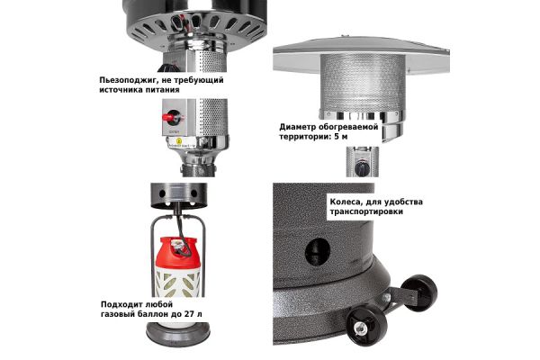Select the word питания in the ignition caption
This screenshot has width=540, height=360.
[164, 90]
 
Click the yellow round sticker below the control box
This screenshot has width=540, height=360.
[179, 141]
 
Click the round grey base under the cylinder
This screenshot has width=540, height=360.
[178, 334]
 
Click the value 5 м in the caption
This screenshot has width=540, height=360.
[341, 137]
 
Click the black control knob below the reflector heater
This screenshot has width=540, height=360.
[362, 168]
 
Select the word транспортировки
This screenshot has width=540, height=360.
[366, 211]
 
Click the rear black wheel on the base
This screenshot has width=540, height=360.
[419, 292]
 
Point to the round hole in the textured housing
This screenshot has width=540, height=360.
[318, 251]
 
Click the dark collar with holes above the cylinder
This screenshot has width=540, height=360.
[179, 195]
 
